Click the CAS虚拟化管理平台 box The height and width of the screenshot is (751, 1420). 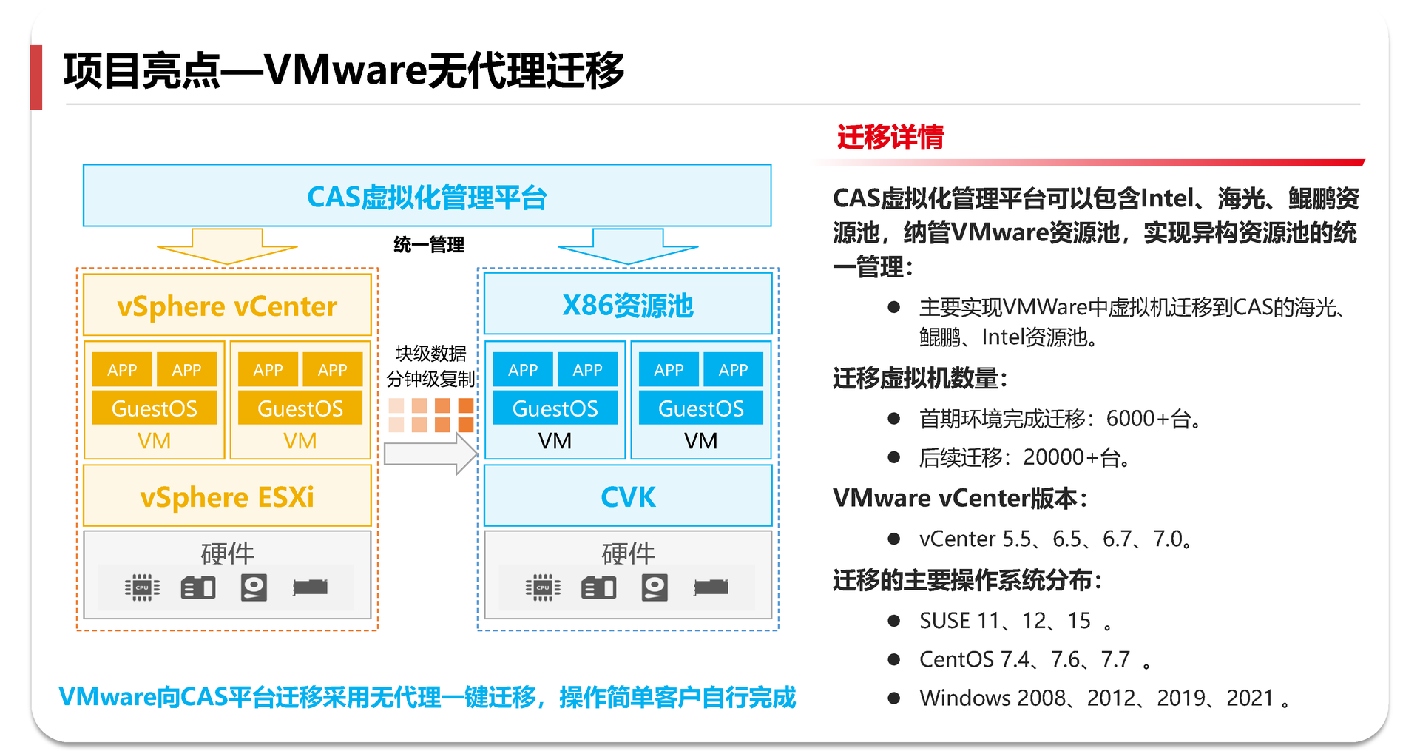[x=427, y=196]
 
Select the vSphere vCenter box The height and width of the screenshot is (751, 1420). [x=227, y=306]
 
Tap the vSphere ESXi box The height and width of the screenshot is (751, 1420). [x=227, y=496]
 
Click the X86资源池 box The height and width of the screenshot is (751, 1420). [x=627, y=304]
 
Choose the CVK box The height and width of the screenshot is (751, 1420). [x=627, y=496]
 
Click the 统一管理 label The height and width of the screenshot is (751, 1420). [x=429, y=244]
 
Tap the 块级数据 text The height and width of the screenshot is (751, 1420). [x=431, y=354]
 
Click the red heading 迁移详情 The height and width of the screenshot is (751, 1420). [x=890, y=138]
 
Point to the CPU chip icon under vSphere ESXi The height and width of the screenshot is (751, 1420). [x=142, y=587]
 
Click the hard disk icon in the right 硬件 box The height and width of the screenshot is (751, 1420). [x=655, y=587]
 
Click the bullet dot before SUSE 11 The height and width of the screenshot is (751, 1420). [x=893, y=621]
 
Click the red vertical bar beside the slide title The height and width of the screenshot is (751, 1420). [x=35, y=77]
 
